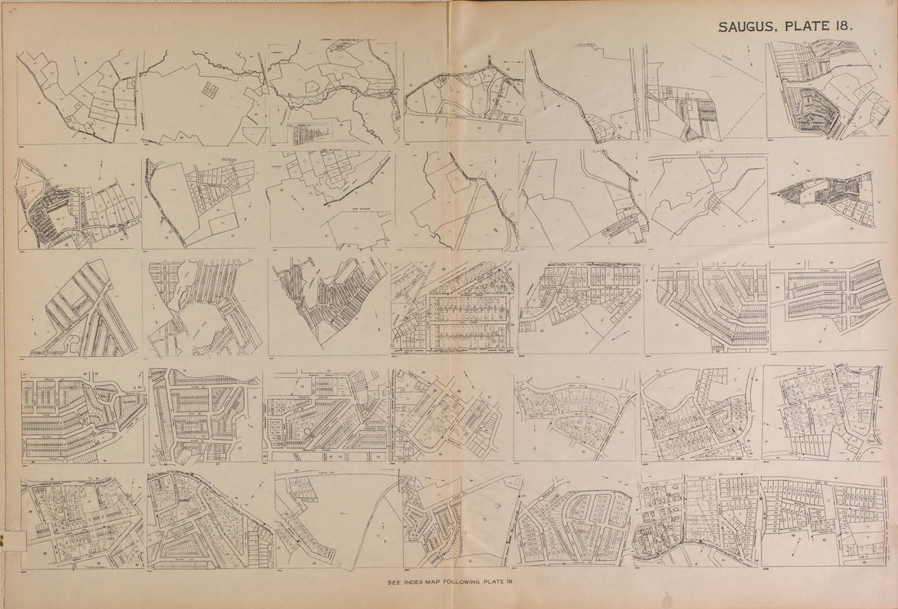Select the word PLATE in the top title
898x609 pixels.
point(807,25)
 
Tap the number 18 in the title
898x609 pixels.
point(844,25)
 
